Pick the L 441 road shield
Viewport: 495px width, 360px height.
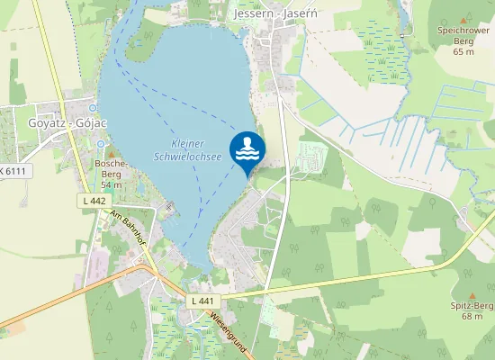click(202, 300)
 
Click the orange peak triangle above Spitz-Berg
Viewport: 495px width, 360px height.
click(473, 295)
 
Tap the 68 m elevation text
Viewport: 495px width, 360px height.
click(472, 317)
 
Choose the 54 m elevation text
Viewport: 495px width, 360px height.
click(111, 184)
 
